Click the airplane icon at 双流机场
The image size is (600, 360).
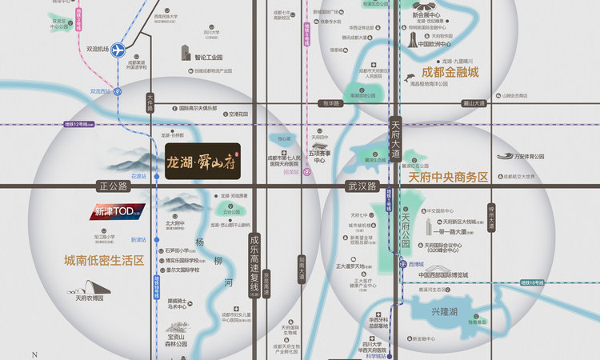[x=119, y=50]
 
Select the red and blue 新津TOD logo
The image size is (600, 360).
[x=116, y=213]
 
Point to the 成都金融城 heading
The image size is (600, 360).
[x=446, y=72]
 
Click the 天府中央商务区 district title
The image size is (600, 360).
[x=448, y=178]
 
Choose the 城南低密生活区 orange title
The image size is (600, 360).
[x=105, y=261]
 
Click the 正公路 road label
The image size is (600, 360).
[x=114, y=186]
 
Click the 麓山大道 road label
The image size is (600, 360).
[x=474, y=102]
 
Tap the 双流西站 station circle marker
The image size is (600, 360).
[x=118, y=91]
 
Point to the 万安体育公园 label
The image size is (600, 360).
[x=524, y=157]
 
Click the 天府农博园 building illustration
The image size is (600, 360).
[x=88, y=287]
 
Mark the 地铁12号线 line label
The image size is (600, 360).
[x=79, y=124]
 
